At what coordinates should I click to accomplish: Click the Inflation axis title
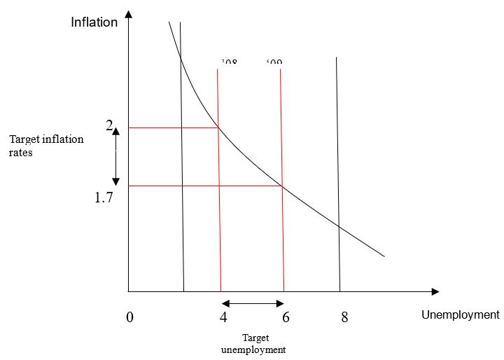94,22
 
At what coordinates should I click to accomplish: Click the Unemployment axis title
460,314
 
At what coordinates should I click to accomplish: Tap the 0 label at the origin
129,317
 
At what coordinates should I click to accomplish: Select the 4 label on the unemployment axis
223,317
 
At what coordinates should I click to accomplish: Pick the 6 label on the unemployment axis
286,317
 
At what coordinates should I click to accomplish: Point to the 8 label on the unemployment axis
344,317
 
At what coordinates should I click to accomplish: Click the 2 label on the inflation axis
109,126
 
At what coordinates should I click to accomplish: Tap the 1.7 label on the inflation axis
104,198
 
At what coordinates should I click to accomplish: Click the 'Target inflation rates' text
46,146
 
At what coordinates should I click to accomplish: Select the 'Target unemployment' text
253,343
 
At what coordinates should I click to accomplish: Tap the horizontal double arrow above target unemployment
253,303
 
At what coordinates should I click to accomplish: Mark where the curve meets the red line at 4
218,127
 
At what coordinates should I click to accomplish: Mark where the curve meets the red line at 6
282,186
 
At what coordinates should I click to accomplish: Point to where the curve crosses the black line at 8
339,226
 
